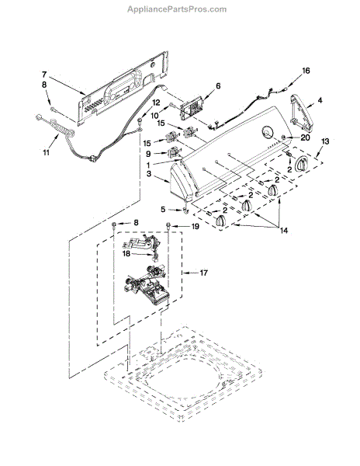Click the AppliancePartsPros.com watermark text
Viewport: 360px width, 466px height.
[x=177, y=9]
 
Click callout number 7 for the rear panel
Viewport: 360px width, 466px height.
[x=44, y=74]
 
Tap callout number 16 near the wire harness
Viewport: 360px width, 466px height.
[x=306, y=71]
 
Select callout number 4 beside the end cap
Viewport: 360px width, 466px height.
[x=320, y=100]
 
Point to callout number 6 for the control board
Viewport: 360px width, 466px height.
[x=219, y=86]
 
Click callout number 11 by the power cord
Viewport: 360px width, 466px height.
[x=46, y=152]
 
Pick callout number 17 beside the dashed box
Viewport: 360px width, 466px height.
[x=203, y=273]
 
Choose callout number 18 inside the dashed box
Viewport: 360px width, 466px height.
[x=126, y=253]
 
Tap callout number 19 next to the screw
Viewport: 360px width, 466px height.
[x=195, y=227]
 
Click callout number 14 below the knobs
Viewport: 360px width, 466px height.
[x=284, y=230]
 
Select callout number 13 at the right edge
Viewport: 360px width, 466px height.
[x=325, y=141]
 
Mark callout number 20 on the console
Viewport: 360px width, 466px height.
[x=306, y=137]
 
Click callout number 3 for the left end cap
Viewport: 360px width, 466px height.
[x=149, y=173]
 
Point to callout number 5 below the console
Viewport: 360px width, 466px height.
[x=163, y=209]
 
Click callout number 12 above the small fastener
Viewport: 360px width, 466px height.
[x=156, y=103]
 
